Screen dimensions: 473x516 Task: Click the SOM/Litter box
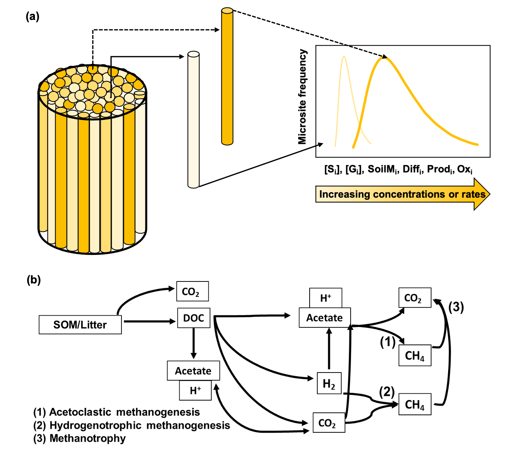point(80,325)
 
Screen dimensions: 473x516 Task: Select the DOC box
point(193,318)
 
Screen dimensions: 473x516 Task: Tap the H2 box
point(329,383)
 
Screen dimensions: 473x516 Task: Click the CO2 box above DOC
point(192,291)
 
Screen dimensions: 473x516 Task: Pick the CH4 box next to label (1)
point(414,355)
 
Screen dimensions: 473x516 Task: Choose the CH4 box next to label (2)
point(414,404)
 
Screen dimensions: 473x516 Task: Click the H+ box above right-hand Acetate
point(325,298)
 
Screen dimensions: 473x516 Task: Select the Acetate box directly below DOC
point(193,371)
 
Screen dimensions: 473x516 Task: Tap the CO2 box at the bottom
point(328,423)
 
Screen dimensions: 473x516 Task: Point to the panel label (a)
point(33,17)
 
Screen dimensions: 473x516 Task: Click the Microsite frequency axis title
point(302,97)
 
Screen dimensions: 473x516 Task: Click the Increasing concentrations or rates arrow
point(402,194)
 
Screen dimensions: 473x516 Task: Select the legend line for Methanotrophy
point(80,438)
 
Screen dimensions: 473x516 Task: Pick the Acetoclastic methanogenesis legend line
point(117,412)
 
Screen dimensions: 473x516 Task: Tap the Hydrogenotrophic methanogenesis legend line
point(132,425)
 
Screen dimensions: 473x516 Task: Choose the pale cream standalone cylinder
point(193,120)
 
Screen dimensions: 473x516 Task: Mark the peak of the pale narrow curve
point(344,57)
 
